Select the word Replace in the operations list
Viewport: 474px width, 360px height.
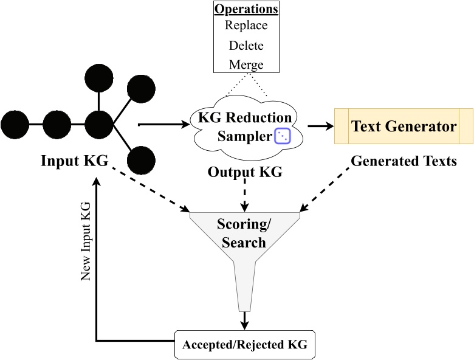pyautogui.click(x=246, y=26)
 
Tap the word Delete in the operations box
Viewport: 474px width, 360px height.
pyautogui.click(x=246, y=45)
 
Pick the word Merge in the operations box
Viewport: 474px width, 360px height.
pyautogui.click(x=246, y=64)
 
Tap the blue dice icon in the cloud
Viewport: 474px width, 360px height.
pyautogui.click(x=283, y=136)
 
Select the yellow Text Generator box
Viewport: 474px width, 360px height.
pyautogui.click(x=404, y=126)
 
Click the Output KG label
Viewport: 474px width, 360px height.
pyautogui.click(x=245, y=172)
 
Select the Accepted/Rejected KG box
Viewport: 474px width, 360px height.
pyautogui.click(x=245, y=345)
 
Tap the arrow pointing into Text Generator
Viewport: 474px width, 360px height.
pyautogui.click(x=321, y=126)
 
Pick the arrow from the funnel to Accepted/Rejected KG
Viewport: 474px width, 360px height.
pyautogui.click(x=245, y=320)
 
